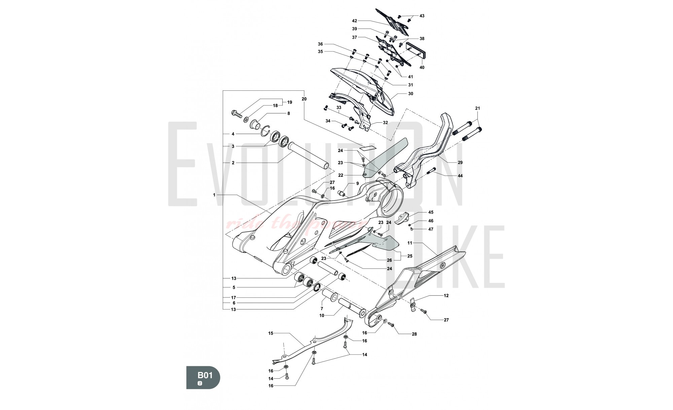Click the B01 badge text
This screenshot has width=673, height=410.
click(x=205, y=375)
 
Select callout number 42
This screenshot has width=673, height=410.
click(x=354, y=21)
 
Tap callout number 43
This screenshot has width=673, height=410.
click(x=422, y=16)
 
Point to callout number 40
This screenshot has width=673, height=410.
click(x=422, y=67)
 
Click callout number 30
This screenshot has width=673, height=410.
click(x=411, y=94)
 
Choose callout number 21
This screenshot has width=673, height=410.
click(x=477, y=108)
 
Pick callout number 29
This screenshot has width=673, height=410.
click(x=460, y=162)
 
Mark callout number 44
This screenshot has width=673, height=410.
click(x=460, y=176)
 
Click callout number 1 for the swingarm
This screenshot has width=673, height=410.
click(x=214, y=195)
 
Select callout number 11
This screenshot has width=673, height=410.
click(x=410, y=243)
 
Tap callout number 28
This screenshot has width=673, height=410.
click(x=414, y=334)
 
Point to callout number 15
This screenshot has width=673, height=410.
click(x=271, y=333)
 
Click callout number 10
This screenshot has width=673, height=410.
click(x=322, y=316)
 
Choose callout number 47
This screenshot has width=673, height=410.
click(x=431, y=229)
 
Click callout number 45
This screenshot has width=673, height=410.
click(x=431, y=212)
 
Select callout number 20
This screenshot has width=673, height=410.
click(x=304, y=99)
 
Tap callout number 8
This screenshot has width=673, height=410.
click(x=288, y=114)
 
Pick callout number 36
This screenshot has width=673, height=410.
click(x=320, y=44)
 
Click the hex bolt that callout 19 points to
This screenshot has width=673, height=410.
click(x=237, y=114)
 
